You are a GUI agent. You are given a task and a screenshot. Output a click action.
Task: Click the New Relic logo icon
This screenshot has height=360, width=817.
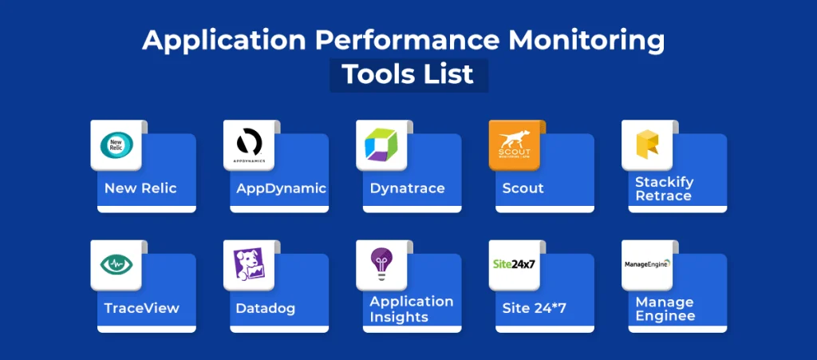pos(116,144)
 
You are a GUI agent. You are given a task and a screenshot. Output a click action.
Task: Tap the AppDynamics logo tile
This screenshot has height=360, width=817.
pos(249,144)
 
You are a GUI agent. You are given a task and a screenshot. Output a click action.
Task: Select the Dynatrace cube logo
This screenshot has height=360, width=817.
pos(381,144)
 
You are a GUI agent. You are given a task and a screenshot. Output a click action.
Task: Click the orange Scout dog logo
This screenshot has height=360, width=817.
pos(515,144)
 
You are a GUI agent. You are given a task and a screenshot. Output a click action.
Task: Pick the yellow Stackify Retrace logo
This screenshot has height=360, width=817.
pos(647,144)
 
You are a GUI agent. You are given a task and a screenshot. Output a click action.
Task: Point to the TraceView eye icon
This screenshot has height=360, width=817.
pos(116,264)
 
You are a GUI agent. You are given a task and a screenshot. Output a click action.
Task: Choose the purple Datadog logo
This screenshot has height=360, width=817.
pos(249,264)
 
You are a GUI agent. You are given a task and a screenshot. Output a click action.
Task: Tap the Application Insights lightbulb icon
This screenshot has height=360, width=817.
pos(381,264)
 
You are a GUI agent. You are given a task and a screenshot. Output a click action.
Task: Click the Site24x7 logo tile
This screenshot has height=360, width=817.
pos(515,264)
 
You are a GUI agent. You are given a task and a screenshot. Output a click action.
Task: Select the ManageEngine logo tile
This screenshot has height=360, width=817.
pos(647,264)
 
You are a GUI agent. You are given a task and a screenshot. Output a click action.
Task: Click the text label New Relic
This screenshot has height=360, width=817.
pos(140,188)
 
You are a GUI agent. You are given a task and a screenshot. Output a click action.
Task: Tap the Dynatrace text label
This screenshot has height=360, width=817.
pos(407,188)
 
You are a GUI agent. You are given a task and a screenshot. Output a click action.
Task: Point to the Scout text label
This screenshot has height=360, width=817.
pos(523,188)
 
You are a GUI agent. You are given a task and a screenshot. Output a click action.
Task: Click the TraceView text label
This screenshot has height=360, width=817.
pos(142,308)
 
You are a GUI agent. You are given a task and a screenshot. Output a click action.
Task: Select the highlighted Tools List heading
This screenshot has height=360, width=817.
pos(408,74)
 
